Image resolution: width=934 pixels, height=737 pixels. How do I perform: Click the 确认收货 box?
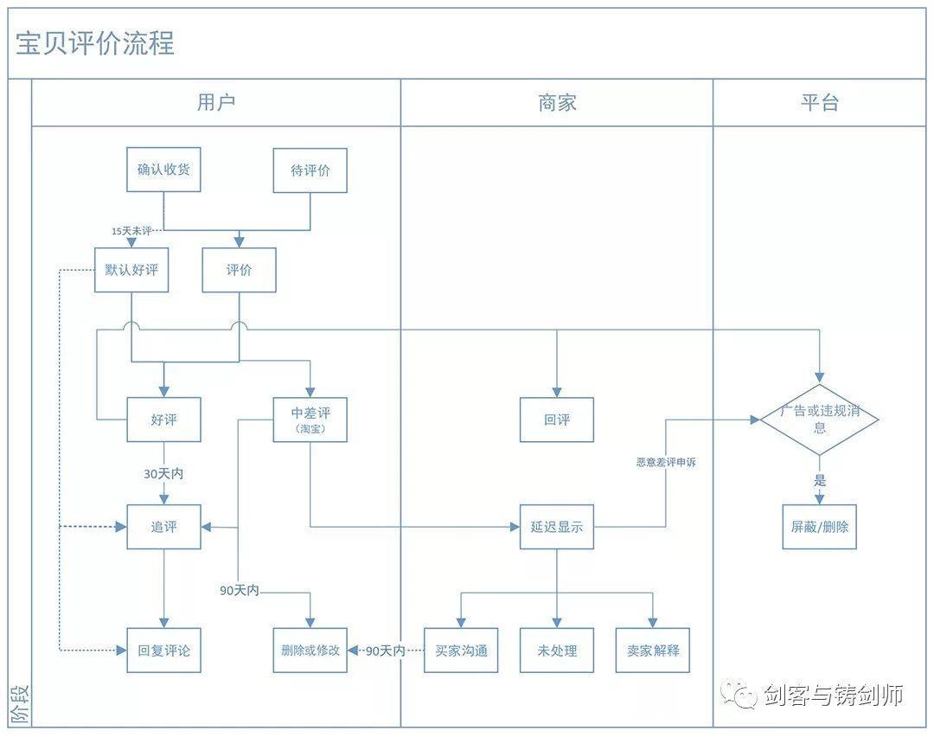[x=163, y=170]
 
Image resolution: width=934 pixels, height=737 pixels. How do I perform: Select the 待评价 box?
[x=310, y=170]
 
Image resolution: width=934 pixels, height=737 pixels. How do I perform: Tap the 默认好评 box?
[x=131, y=270]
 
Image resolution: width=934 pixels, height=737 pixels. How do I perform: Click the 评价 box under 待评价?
[x=239, y=270]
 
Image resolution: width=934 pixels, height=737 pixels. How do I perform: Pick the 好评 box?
[x=163, y=420]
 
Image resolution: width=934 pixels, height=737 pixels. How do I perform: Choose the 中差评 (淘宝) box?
[x=310, y=420]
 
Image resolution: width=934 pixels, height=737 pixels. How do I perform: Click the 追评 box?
[x=163, y=527]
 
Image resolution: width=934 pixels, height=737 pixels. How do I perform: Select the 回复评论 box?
[x=163, y=650]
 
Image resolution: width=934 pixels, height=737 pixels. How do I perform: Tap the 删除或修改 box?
[x=310, y=650]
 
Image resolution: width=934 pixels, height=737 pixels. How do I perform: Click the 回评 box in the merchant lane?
[x=556, y=420]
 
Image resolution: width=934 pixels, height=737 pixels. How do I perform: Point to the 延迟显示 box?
[x=556, y=527]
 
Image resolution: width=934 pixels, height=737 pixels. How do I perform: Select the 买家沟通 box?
[x=461, y=650]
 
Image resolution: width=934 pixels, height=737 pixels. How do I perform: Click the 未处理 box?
[x=556, y=650]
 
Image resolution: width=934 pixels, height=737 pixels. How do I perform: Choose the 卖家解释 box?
[x=653, y=650]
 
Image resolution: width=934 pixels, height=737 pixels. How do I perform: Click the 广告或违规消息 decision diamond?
[x=819, y=420]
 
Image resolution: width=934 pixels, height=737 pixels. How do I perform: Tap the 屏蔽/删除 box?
[x=819, y=527]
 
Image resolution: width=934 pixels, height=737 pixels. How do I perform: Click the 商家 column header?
[x=556, y=103]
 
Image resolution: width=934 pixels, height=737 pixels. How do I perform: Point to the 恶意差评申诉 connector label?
[x=666, y=463]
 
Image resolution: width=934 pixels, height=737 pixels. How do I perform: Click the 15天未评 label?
[x=131, y=231]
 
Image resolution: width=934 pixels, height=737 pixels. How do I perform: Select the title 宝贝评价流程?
[x=95, y=43]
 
